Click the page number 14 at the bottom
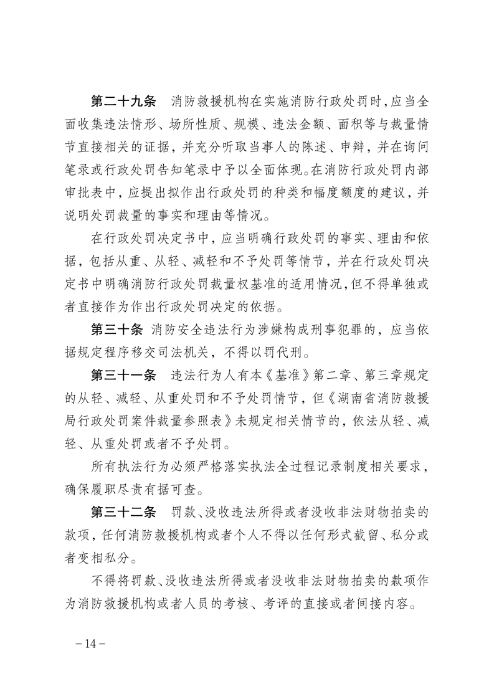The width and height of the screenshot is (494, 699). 91,644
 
